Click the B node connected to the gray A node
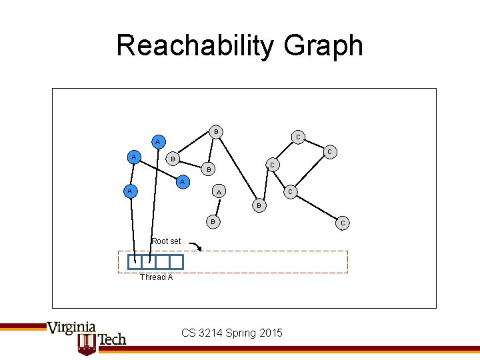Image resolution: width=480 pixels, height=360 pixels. coord(213,221)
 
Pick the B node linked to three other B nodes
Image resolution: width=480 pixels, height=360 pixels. coord(216,132)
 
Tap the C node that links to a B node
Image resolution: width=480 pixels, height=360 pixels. coord(271,164)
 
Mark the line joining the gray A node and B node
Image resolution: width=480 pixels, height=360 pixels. coord(215,207)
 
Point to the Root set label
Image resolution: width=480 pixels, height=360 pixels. coord(166,241)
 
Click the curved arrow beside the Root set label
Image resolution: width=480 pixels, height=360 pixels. coord(195,247)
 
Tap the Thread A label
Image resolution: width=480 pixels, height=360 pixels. coord(156,277)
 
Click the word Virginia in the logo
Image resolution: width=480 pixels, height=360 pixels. coord(71,328)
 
